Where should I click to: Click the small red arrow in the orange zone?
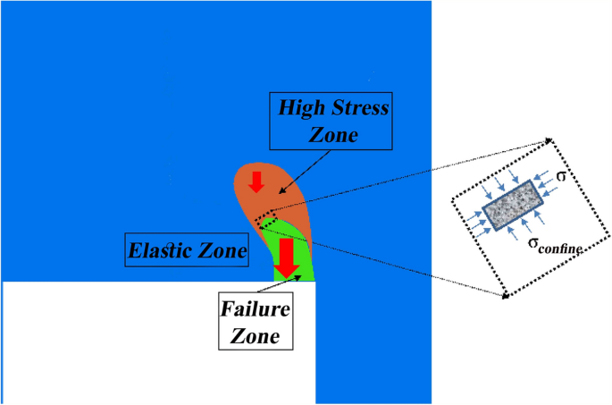[x=256, y=181]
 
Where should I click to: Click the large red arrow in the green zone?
[x=286, y=257]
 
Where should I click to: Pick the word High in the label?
[x=301, y=108]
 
